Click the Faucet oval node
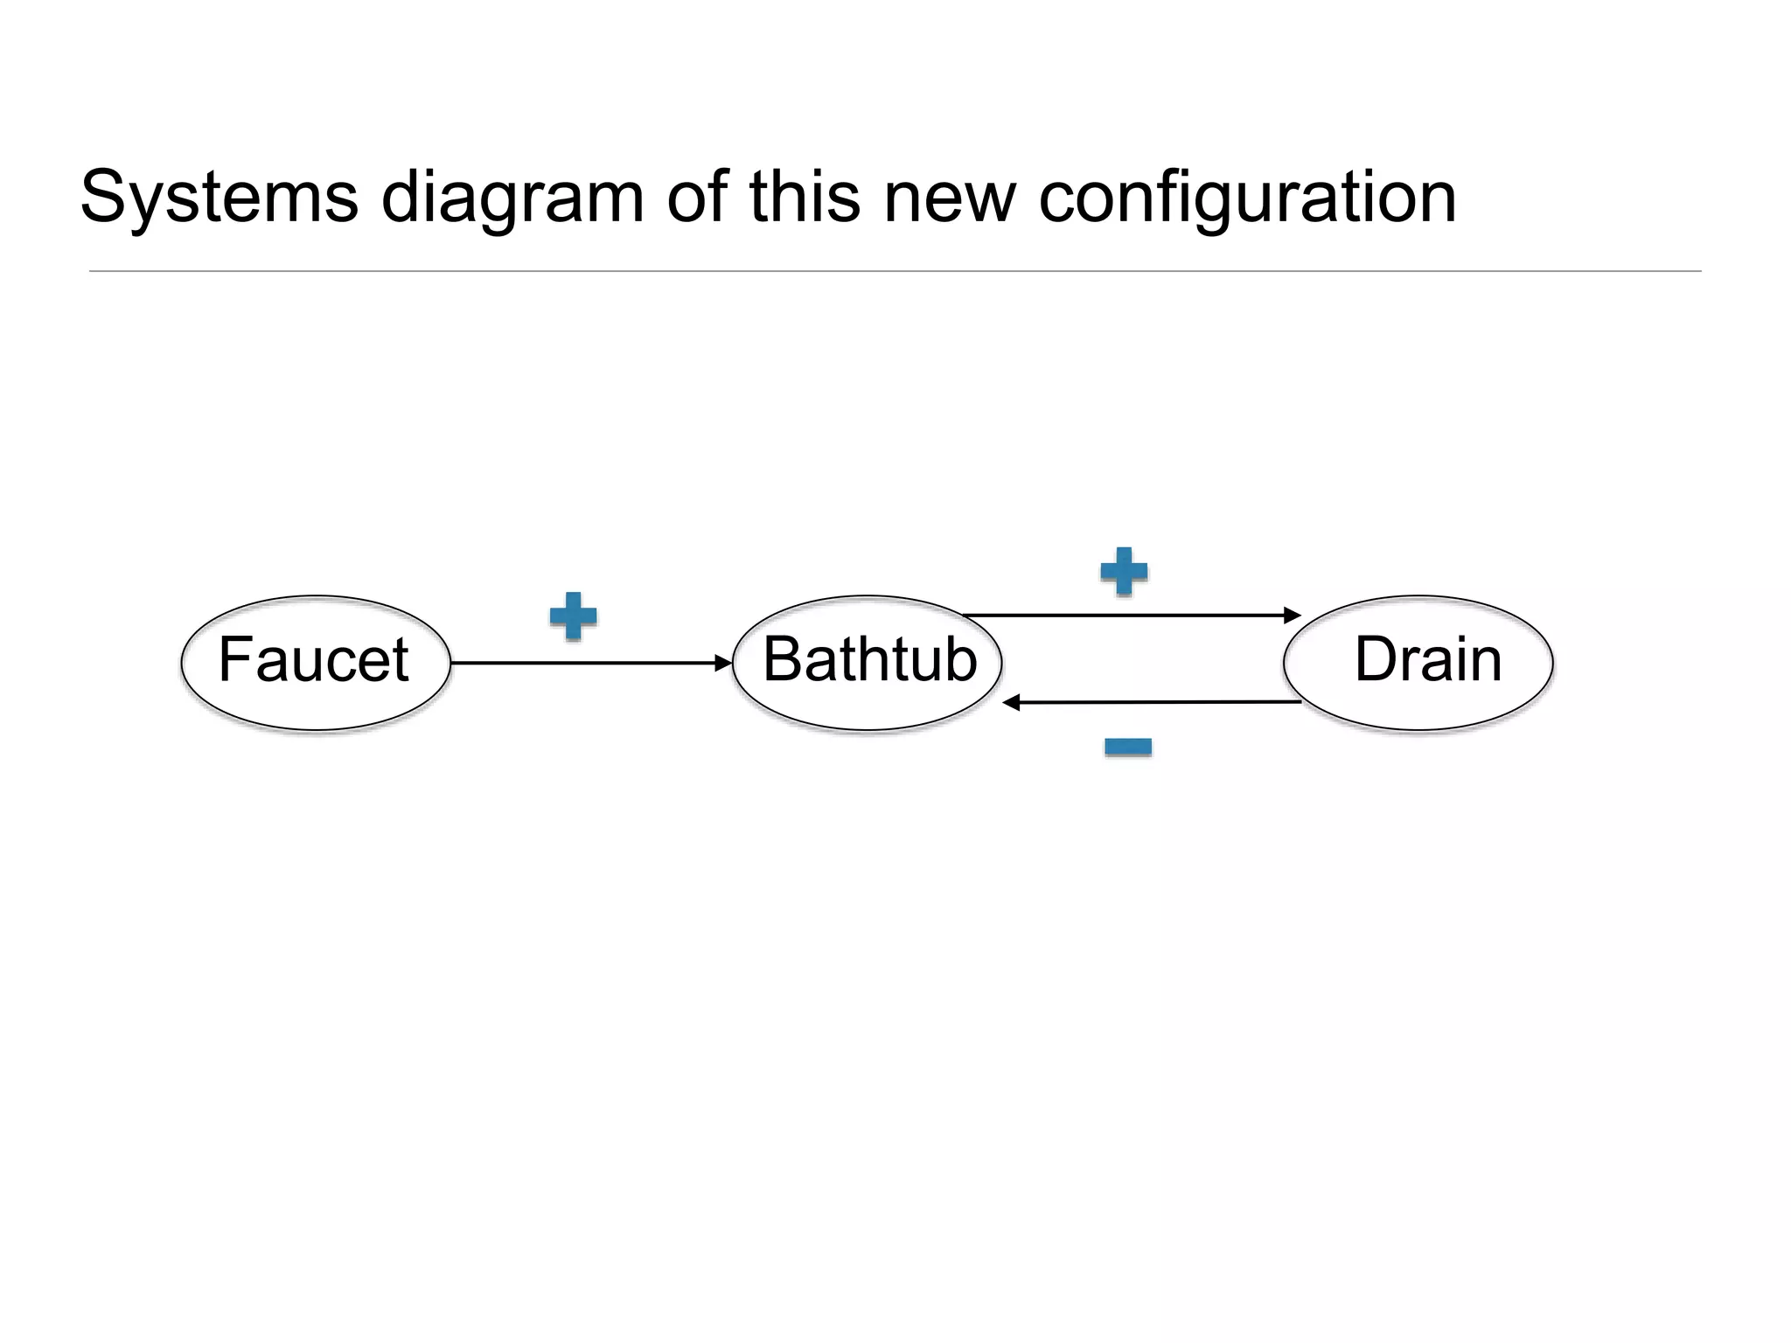[316, 662]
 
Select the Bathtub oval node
[868, 662]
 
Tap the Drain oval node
[1418, 662]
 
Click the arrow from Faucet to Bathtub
[586, 663]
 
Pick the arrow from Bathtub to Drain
[1128, 616]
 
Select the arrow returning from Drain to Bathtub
[1154, 702]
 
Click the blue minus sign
[1128, 747]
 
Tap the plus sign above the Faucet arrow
[574, 616]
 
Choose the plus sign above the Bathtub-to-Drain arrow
[1124, 572]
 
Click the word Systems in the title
[220, 198]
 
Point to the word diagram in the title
[512, 198]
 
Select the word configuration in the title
[1247, 198]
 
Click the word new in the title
[950, 198]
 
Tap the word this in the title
[805, 198]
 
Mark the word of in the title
[698, 198]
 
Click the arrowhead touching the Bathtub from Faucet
[723, 663]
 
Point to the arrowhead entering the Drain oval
[1292, 616]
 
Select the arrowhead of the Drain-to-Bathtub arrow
[1012, 702]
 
